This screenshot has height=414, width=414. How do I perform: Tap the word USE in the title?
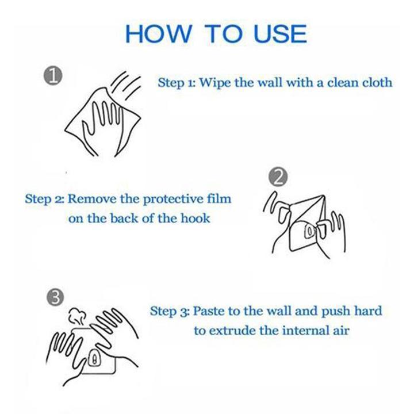click(x=280, y=34)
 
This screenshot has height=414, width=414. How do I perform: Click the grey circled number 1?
click(x=53, y=76)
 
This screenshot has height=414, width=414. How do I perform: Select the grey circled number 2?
click(x=278, y=177)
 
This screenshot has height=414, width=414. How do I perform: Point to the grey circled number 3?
click(x=55, y=298)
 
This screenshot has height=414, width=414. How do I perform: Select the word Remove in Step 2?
click(x=92, y=199)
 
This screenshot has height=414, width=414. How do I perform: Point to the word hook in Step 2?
click(x=195, y=218)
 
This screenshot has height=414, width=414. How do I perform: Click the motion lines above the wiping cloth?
click(x=125, y=85)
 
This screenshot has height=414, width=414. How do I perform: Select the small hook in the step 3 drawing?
click(x=94, y=358)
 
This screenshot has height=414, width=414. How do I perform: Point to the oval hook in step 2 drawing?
click(x=310, y=231)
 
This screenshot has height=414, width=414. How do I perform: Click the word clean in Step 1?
click(x=342, y=82)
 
